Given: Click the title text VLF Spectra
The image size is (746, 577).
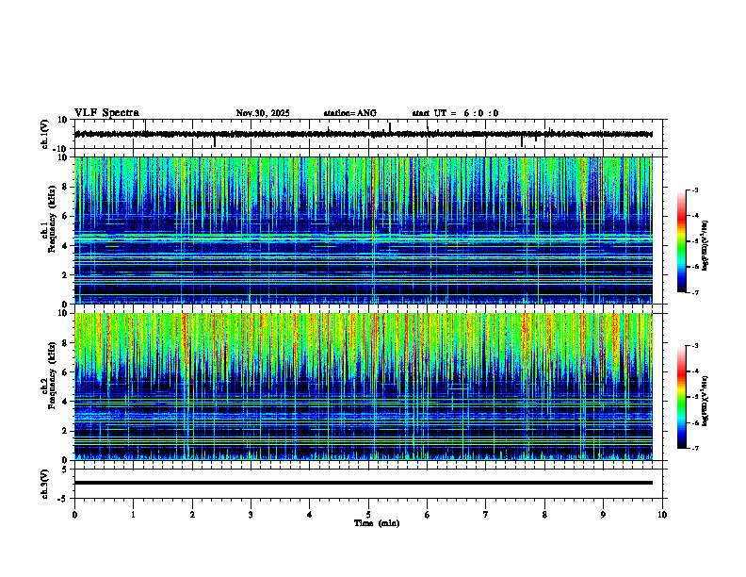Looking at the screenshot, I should tap(106, 113).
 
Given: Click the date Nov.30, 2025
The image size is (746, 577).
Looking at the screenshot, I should tap(263, 113).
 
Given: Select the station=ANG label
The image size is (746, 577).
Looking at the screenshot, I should tap(349, 113).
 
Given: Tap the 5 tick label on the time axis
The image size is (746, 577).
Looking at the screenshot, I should tap(368, 514).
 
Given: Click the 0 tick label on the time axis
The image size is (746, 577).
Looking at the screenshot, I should tap(74, 514).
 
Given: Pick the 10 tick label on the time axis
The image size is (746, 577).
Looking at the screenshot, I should tap(662, 514).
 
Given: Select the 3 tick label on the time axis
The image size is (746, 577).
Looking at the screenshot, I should tap(251, 514).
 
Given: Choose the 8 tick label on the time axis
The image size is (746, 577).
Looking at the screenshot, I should tap(544, 514).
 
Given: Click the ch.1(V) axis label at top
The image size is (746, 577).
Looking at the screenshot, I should tap(45, 134).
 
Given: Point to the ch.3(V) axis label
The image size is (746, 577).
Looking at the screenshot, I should tap(45, 483).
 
